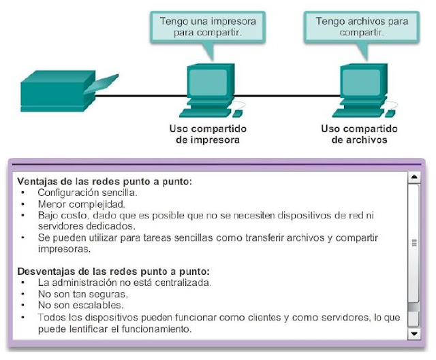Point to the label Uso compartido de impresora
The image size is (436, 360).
click(x=207, y=135)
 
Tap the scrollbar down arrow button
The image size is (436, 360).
click(x=413, y=334)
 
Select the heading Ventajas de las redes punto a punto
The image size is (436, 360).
click(x=105, y=182)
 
